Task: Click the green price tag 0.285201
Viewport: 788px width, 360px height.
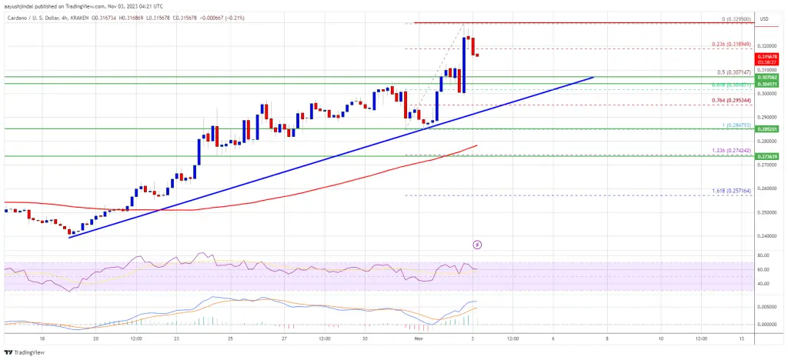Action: (770, 129)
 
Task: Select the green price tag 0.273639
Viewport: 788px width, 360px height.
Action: (770, 157)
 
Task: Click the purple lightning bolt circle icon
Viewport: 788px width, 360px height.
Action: (477, 245)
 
